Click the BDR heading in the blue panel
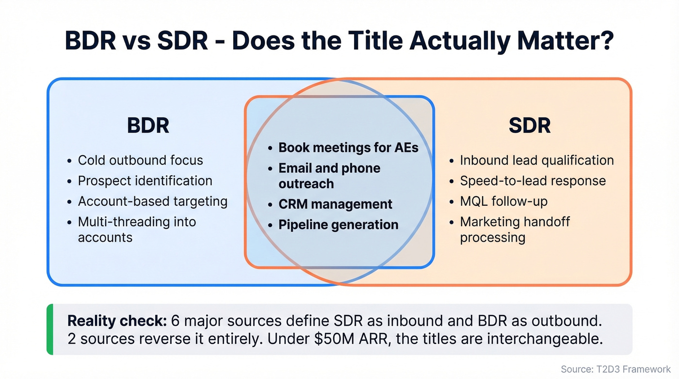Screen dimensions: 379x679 click(148, 126)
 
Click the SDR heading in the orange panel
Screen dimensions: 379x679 click(530, 126)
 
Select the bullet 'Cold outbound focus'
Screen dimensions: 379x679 click(140, 160)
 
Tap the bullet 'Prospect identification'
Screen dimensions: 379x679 click(145, 181)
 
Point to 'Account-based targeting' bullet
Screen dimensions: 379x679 click(152, 201)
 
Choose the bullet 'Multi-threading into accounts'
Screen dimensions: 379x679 click(137, 229)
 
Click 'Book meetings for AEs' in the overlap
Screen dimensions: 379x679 click(348, 148)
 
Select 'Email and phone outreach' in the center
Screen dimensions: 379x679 click(329, 176)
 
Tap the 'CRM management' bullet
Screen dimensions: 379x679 click(335, 204)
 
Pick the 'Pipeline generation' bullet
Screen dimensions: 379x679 click(338, 225)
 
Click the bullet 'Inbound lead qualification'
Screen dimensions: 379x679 click(536, 160)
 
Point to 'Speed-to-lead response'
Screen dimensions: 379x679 click(533, 181)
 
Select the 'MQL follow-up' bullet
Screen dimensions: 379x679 click(503, 201)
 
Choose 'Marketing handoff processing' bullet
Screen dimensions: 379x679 click(515, 229)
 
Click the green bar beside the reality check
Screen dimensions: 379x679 click(49, 329)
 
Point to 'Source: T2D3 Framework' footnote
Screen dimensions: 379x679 click(615, 369)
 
